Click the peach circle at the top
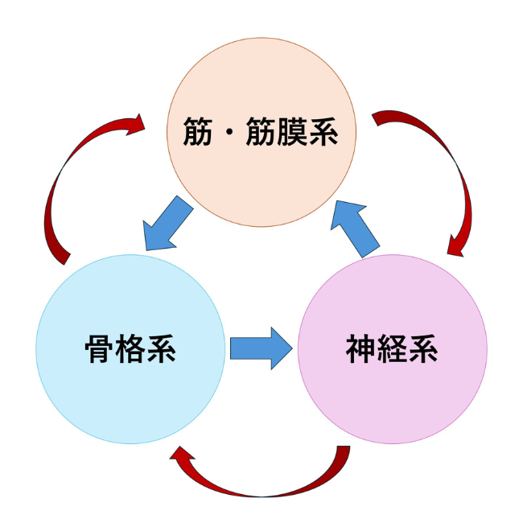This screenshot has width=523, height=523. pyautogui.click(x=261, y=173)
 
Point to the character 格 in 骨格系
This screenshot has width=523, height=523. pyautogui.click(x=131, y=349)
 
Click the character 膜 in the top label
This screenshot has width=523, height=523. pyautogui.click(x=299, y=131)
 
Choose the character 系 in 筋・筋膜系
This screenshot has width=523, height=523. pyautogui.click(x=331, y=131)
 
